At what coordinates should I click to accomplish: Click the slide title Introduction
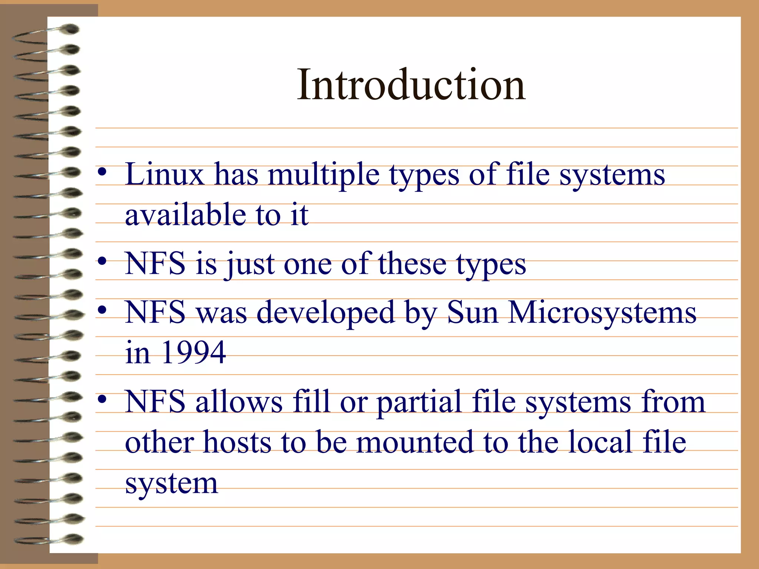coord(411,85)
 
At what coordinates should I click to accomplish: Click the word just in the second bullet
coord(251,264)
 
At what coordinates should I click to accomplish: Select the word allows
coord(239,402)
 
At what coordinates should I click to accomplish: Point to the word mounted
coord(415,442)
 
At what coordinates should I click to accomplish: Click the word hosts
coord(237,442)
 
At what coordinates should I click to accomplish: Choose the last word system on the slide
coord(171,484)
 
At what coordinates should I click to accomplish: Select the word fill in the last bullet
coord(311,402)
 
